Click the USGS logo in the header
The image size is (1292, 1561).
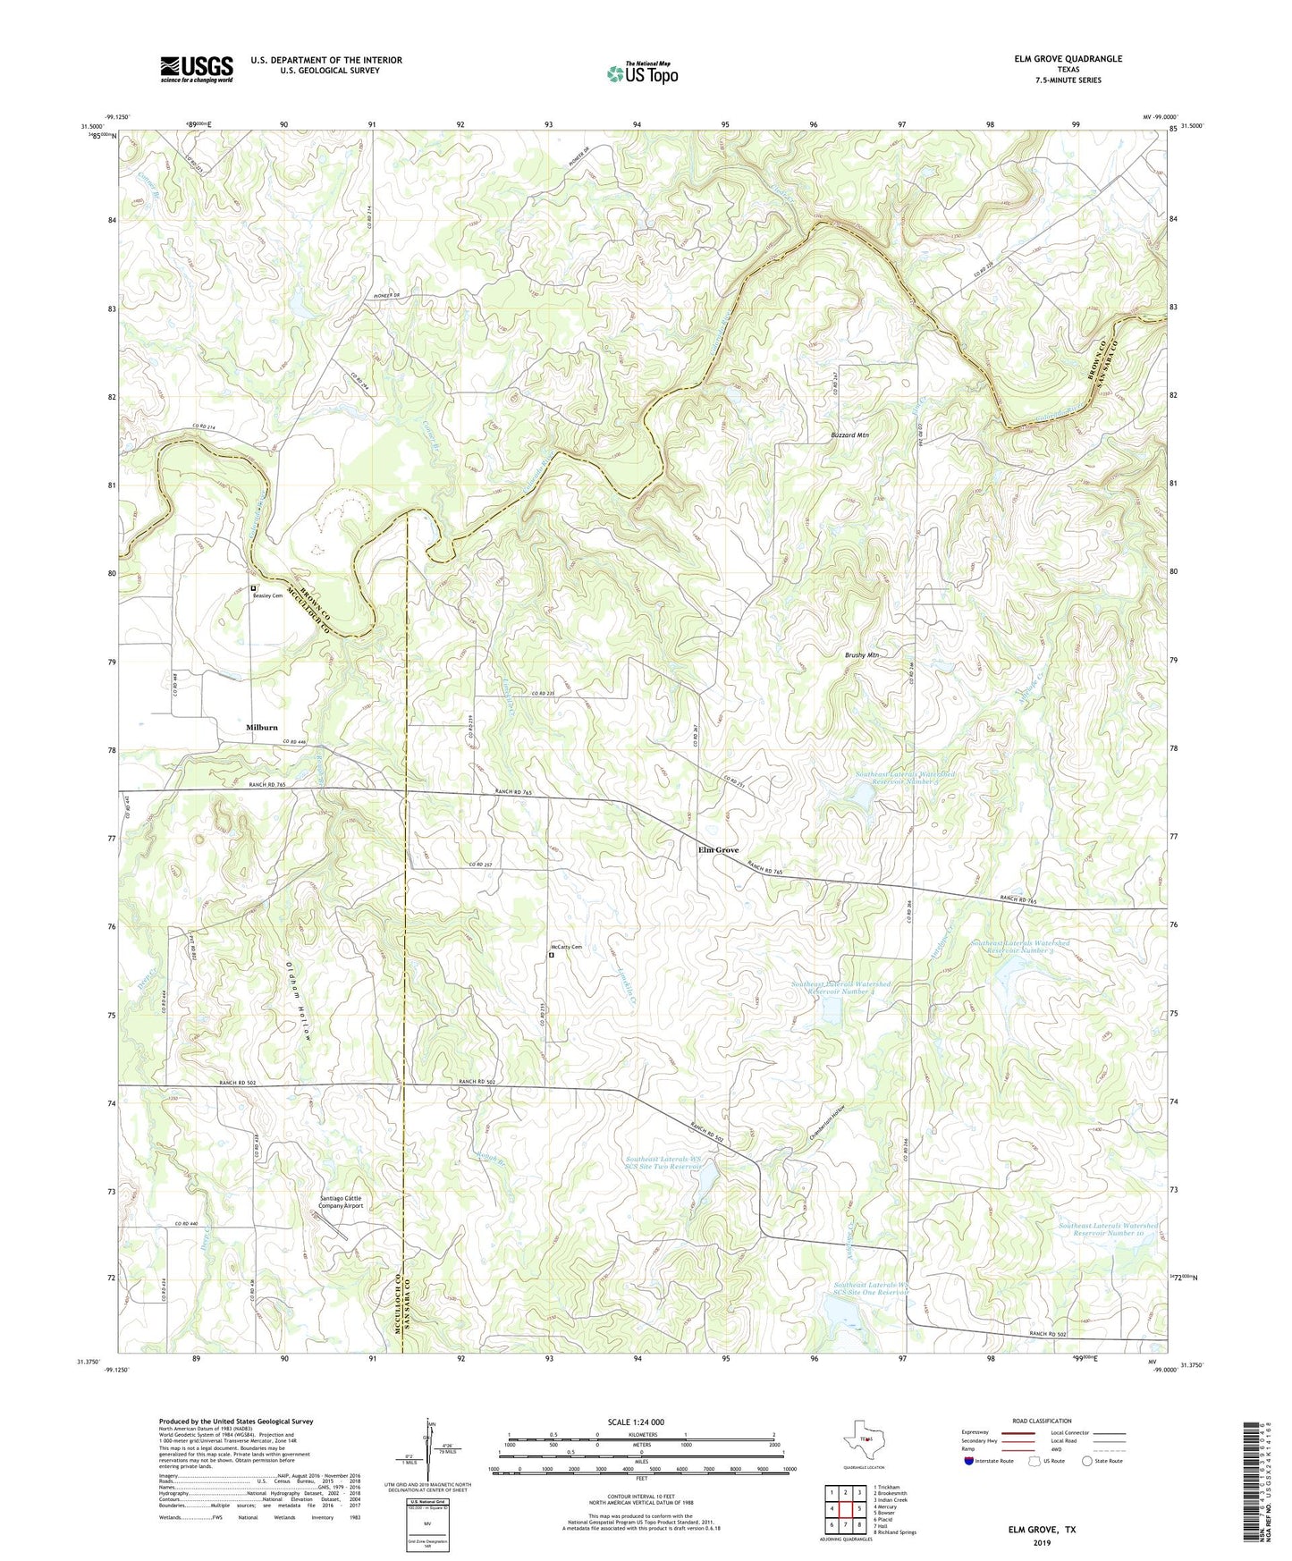(197, 69)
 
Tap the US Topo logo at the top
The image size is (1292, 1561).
(641, 72)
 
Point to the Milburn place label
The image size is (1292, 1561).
(262, 728)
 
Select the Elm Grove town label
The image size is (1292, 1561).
(718, 850)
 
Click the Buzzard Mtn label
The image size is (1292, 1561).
(845, 435)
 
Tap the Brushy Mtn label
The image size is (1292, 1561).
(862, 655)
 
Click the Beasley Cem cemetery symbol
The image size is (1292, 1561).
(254, 588)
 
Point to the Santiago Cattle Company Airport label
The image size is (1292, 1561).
(341, 1202)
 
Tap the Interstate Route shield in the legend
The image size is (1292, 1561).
(970, 1462)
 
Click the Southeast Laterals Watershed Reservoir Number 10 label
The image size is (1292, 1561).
(1108, 1229)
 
